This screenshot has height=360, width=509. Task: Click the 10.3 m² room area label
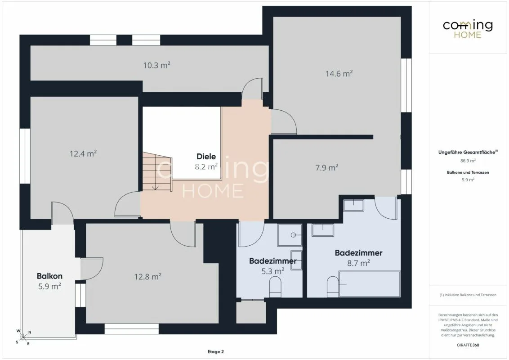(157, 65)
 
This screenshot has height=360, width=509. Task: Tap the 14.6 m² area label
(339, 74)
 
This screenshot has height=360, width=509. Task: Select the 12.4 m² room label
(83, 153)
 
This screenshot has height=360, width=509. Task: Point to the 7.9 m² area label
(326, 168)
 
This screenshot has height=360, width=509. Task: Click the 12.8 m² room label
(147, 276)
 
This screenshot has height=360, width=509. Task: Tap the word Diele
(206, 157)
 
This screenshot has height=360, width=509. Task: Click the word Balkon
(49, 276)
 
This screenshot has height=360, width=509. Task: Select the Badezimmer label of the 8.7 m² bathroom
(358, 253)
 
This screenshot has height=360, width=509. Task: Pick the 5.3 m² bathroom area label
(272, 271)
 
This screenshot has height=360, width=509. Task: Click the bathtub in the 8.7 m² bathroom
(370, 284)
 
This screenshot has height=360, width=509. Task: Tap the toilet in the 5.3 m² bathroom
(275, 287)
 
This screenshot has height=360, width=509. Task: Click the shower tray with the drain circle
(290, 235)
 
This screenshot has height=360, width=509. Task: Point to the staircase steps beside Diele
(157, 172)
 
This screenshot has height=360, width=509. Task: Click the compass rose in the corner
(23, 337)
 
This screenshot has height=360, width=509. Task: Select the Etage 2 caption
(215, 351)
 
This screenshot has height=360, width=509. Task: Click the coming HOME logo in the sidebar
(468, 29)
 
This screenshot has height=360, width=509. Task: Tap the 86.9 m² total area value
(468, 161)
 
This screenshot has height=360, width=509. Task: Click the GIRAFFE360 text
(468, 345)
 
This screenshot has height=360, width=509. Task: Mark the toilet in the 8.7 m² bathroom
(333, 287)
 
